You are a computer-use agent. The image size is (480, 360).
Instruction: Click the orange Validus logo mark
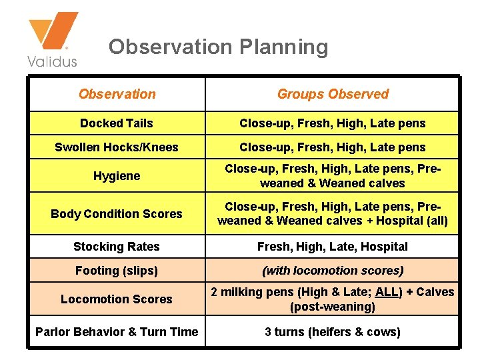pyautogui.click(x=53, y=32)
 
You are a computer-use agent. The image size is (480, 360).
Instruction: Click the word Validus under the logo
pyautogui.click(x=52, y=61)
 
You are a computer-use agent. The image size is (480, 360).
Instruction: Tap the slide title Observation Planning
pyautogui.click(x=218, y=47)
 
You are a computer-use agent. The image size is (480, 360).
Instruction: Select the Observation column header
pyautogui.click(x=117, y=94)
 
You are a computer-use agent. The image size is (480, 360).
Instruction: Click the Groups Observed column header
pyautogui.click(x=333, y=94)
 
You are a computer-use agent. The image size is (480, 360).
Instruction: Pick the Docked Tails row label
pyautogui.click(x=117, y=123)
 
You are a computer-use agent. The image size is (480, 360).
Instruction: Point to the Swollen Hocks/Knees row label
pyautogui.click(x=117, y=147)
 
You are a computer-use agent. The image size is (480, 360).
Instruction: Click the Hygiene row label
pyautogui.click(x=117, y=176)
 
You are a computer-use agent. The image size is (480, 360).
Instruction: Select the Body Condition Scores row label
pyautogui.click(x=117, y=214)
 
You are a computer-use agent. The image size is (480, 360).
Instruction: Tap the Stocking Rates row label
pyautogui.click(x=117, y=247)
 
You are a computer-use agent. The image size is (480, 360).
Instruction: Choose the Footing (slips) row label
pyautogui.click(x=117, y=271)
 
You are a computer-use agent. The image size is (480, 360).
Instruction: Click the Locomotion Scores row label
pyautogui.click(x=117, y=299)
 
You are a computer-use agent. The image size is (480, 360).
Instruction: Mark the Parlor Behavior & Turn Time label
pyautogui.click(x=117, y=332)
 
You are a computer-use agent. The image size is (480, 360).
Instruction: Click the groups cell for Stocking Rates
pyautogui.click(x=333, y=247)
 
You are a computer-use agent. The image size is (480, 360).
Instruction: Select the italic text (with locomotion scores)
pyautogui.click(x=333, y=271)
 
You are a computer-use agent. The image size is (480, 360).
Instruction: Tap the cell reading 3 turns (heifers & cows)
pyautogui.click(x=333, y=332)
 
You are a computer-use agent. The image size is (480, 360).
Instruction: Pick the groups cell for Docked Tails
pyautogui.click(x=333, y=123)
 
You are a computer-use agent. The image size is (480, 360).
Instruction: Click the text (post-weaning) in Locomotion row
pyautogui.click(x=333, y=307)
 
